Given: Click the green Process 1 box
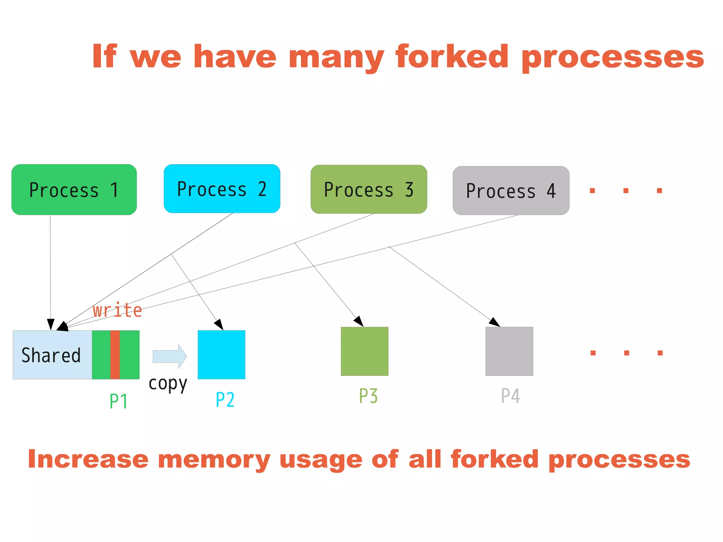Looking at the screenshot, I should click(74, 190).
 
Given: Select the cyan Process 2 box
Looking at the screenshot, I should click(222, 189).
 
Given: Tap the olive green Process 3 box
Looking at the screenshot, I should click(369, 189).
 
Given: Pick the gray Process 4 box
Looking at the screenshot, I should click(510, 191).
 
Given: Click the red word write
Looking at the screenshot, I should click(117, 311).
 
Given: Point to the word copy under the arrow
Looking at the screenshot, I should click(168, 384).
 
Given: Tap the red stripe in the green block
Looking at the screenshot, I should click(115, 355).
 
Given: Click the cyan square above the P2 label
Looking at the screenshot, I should click(221, 355).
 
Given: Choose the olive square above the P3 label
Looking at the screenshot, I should click(364, 351).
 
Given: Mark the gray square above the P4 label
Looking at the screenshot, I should click(509, 351).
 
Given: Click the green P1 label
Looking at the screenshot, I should click(118, 401).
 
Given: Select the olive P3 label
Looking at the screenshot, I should click(368, 396).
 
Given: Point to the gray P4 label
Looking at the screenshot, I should click(510, 396).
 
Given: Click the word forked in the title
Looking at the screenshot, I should click(452, 56).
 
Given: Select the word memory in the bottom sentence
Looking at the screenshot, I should click(214, 459).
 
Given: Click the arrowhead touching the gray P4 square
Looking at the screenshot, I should click(495, 322).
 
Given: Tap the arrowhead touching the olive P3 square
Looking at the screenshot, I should click(359, 322).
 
